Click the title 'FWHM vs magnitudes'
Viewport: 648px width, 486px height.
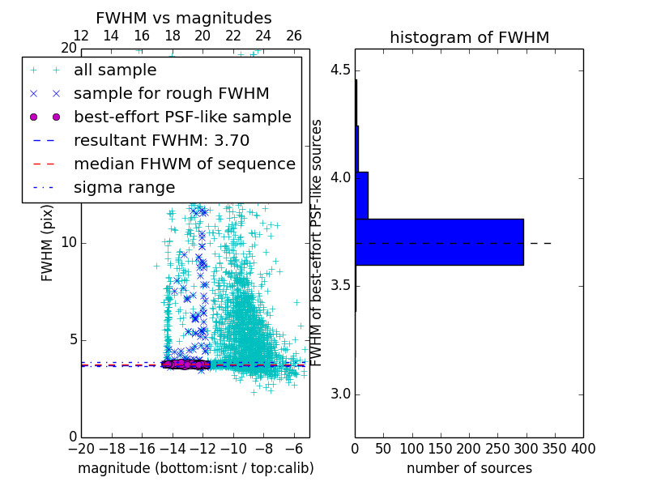183,18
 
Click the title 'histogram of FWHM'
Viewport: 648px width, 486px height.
469,37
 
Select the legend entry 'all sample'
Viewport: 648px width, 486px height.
115,70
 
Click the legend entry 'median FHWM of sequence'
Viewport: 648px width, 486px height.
184,164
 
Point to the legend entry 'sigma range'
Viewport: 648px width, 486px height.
124,187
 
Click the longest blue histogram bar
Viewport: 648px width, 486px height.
439,241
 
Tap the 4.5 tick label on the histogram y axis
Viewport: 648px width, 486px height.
342,70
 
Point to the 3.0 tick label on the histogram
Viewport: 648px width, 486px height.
342,394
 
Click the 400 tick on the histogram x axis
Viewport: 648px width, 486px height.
583,449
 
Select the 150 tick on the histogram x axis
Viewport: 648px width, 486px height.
441,449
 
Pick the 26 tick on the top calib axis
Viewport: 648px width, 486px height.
294,36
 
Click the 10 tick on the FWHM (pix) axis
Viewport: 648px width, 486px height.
69,243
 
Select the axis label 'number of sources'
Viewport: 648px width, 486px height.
469,468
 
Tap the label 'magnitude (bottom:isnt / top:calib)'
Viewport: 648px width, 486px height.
195,468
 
